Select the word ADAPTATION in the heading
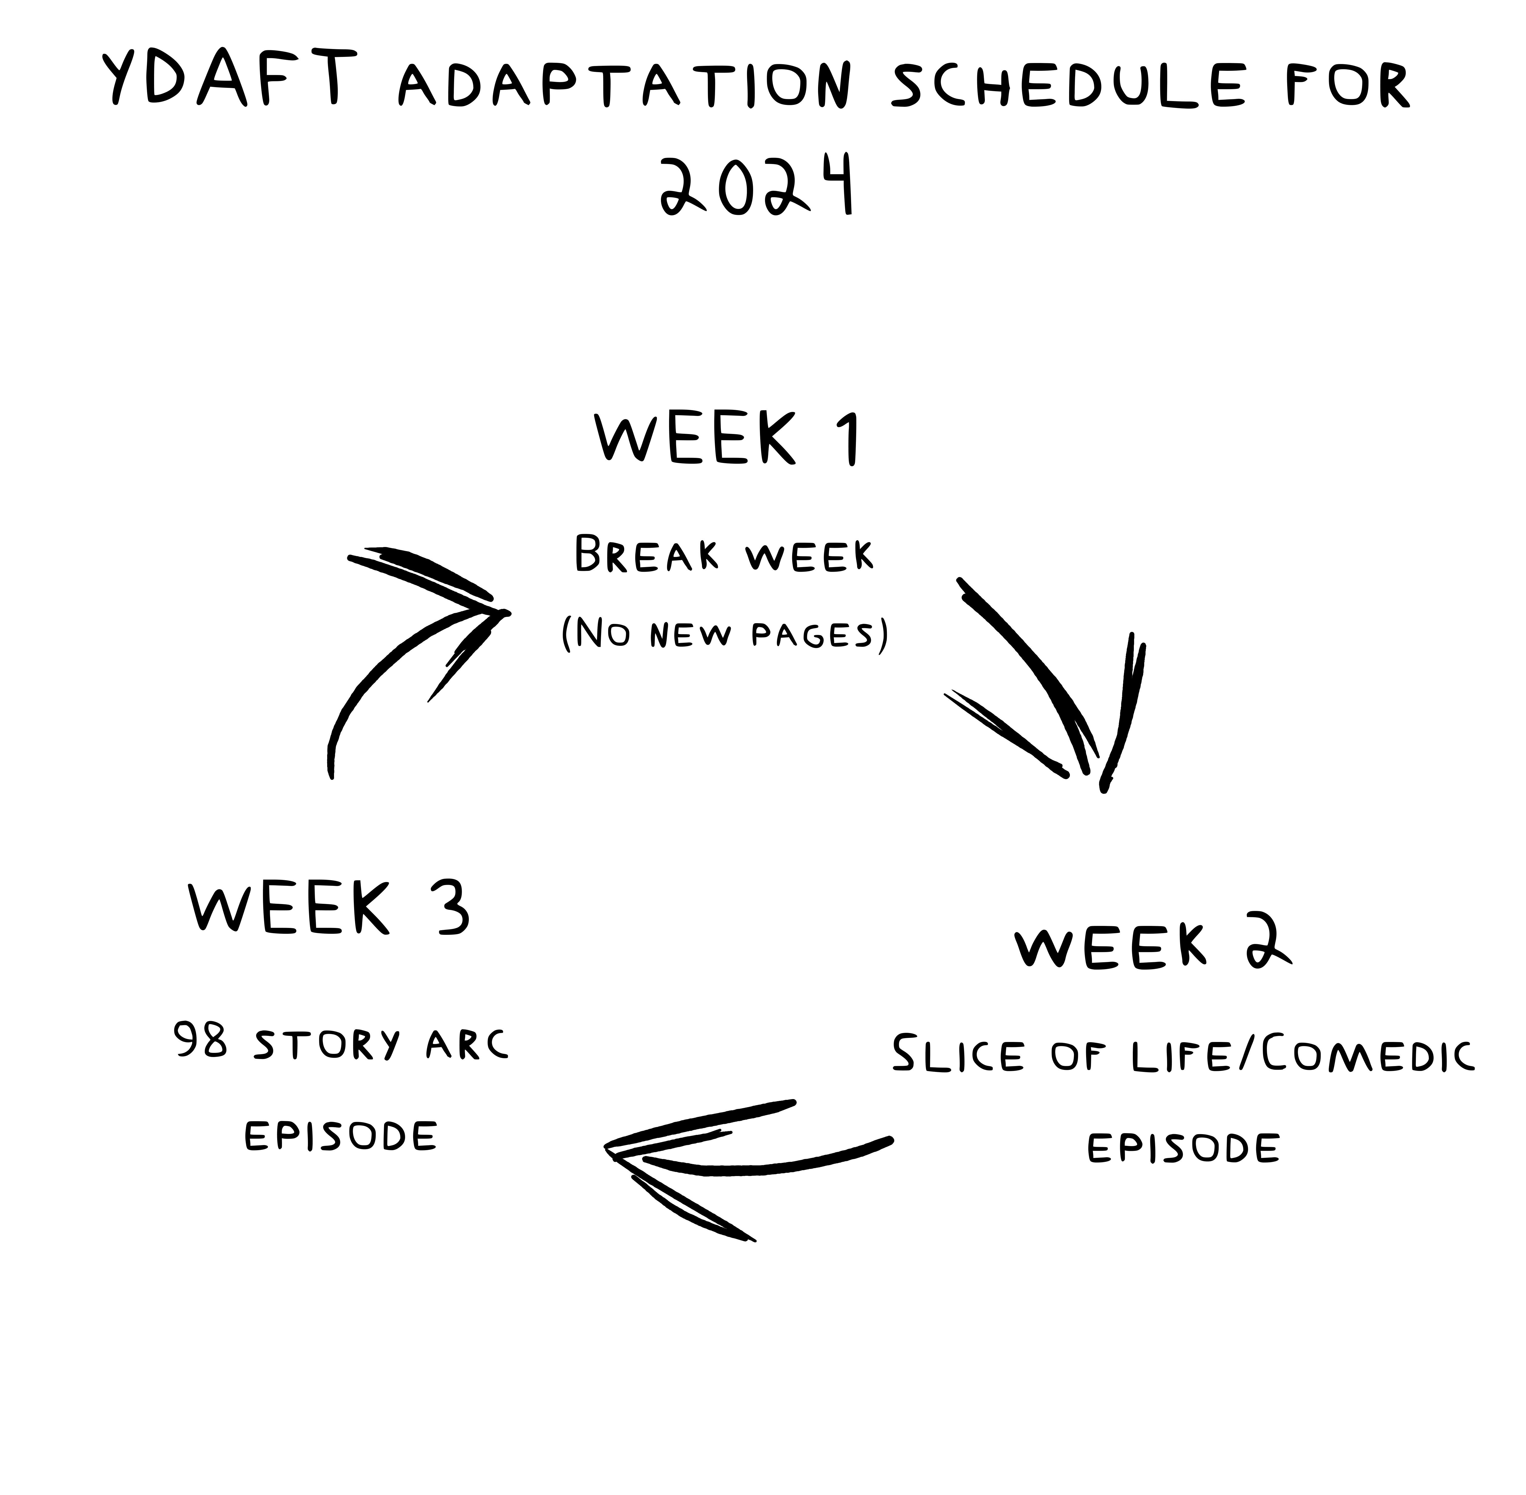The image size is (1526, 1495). (x=624, y=86)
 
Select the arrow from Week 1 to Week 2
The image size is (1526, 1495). (x=1052, y=691)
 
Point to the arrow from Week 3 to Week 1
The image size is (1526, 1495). (x=408, y=644)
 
